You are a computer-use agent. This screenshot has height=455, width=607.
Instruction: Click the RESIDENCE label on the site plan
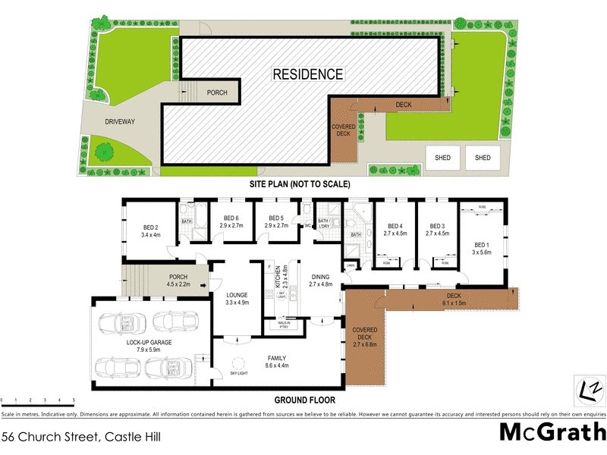(308, 74)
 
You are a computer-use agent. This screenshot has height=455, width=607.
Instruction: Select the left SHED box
(442, 158)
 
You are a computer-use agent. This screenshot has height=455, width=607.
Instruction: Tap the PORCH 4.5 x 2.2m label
(178, 281)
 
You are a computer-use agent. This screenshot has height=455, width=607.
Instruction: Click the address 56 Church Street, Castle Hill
(81, 437)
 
